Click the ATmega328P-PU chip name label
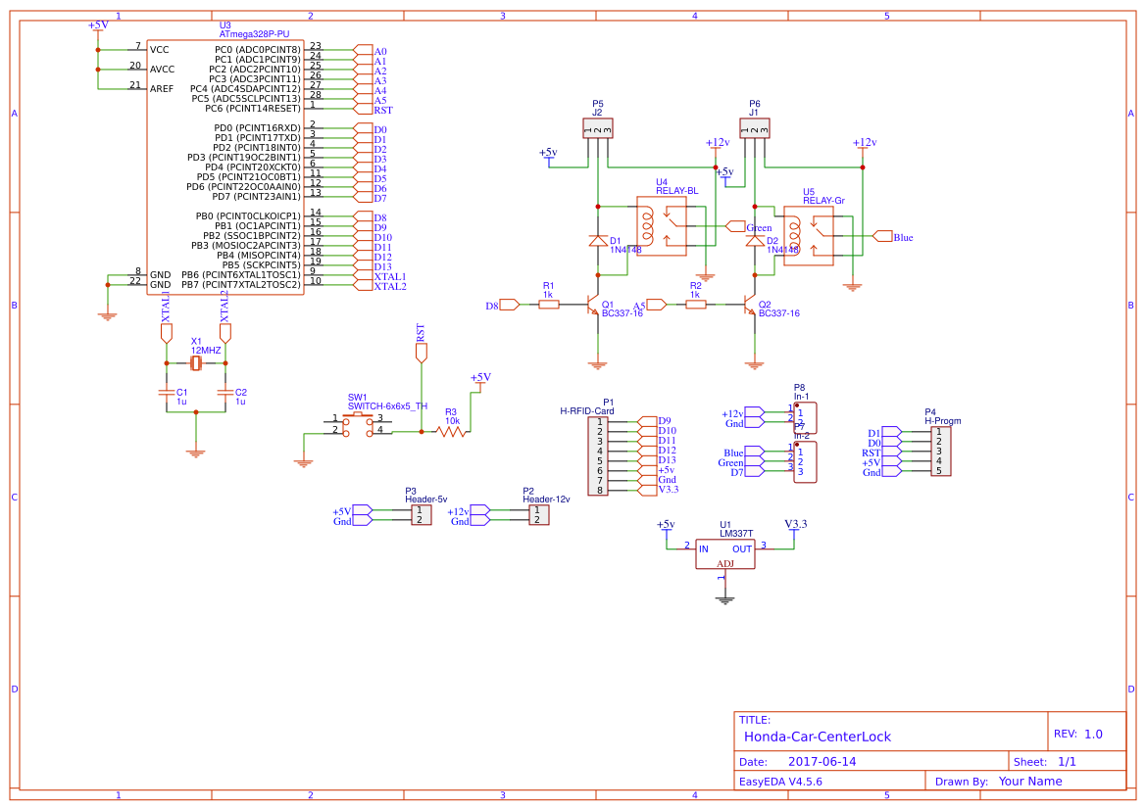(x=254, y=33)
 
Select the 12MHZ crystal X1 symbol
(x=196, y=364)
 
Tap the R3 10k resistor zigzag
(x=450, y=432)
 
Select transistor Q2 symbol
(x=751, y=306)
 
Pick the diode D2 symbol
(x=754, y=240)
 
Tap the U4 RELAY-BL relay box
(x=661, y=227)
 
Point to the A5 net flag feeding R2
(x=657, y=306)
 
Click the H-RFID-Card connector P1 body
(x=599, y=455)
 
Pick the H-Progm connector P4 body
(x=939, y=452)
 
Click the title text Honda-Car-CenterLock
(x=818, y=736)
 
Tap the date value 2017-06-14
(x=822, y=761)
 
